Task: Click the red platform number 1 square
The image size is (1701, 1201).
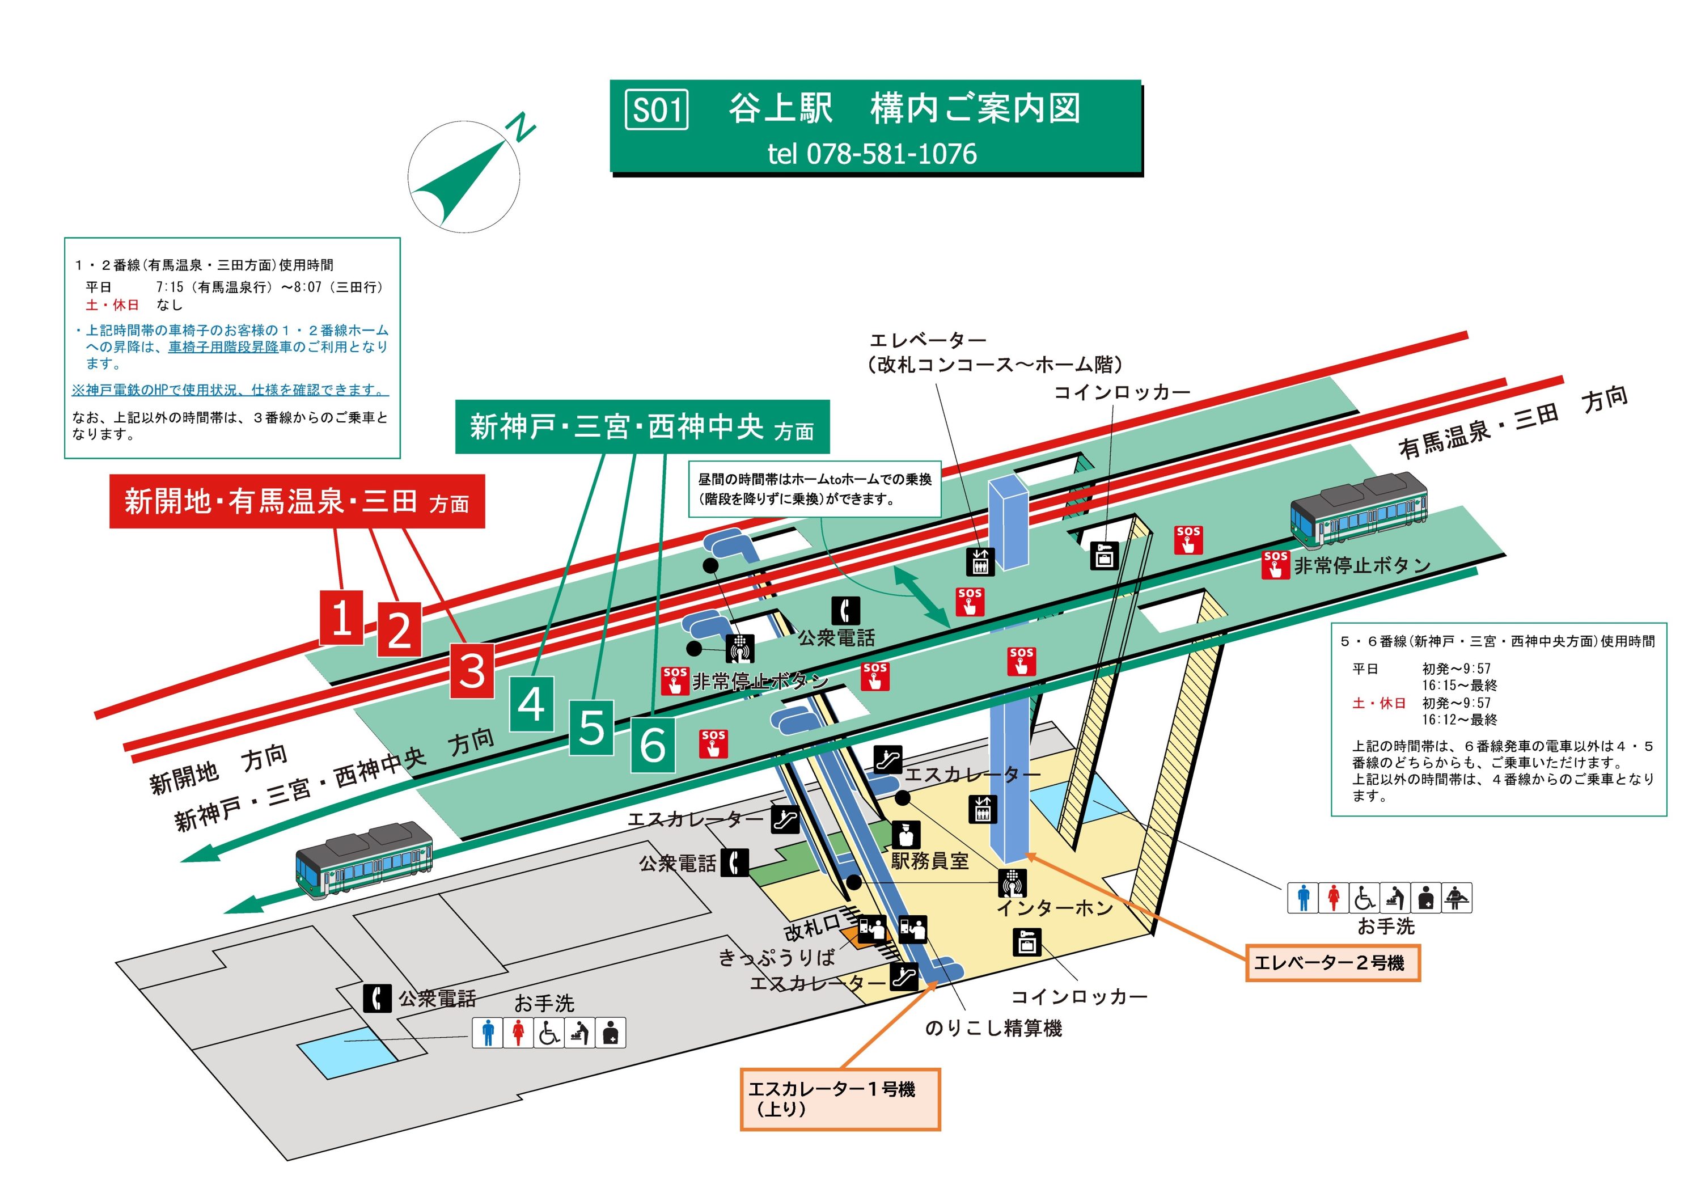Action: click(341, 617)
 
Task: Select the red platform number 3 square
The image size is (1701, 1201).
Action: click(472, 670)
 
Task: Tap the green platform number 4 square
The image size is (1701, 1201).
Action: click(532, 703)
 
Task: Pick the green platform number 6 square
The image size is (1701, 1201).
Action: click(653, 745)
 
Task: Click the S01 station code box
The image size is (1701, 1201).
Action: click(657, 109)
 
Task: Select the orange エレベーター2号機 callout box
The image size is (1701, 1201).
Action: click(1332, 963)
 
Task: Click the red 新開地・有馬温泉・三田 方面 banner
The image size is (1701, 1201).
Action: click(297, 502)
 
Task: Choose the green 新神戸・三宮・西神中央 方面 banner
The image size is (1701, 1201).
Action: click(642, 428)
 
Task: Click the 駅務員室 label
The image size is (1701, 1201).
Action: click(930, 861)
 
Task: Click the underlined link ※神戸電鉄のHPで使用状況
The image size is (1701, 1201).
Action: click(230, 390)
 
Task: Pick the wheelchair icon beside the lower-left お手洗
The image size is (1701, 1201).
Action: click(549, 1033)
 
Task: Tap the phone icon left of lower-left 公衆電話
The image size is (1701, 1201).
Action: click(377, 999)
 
